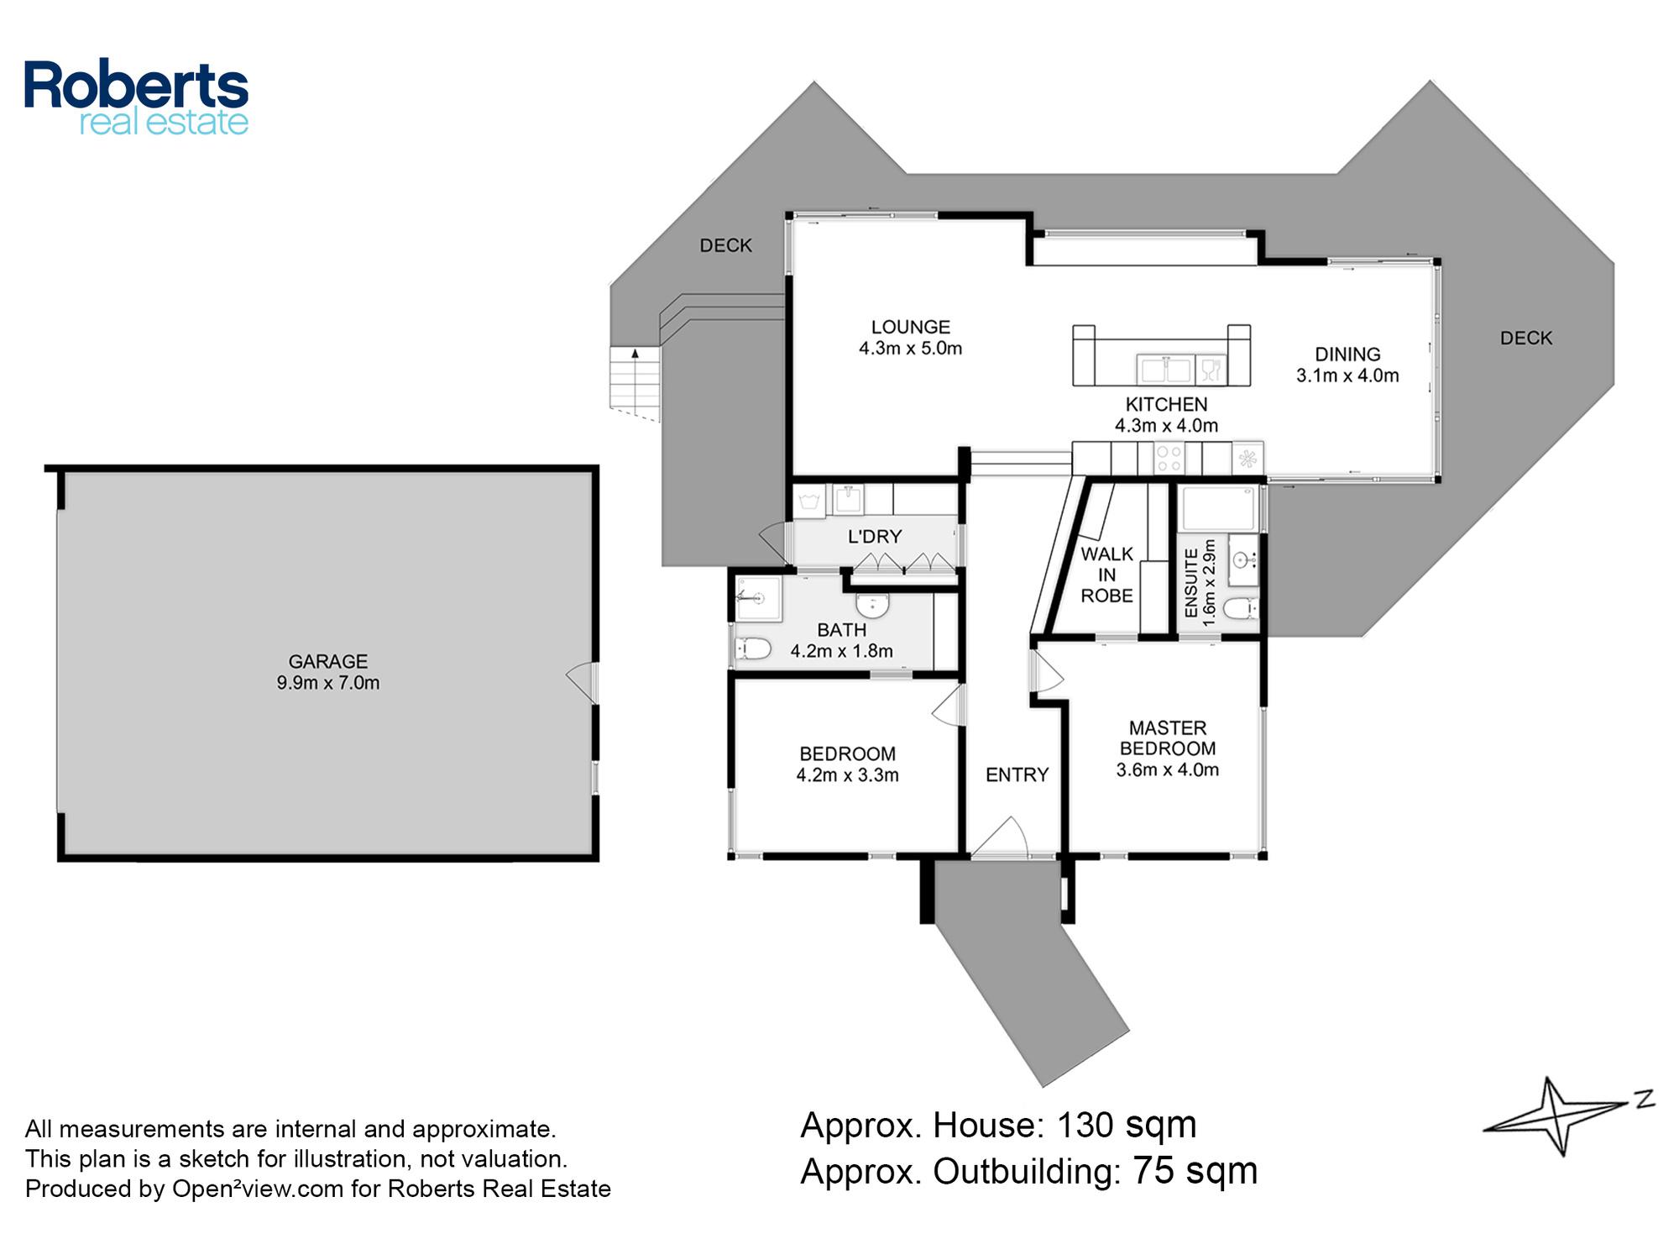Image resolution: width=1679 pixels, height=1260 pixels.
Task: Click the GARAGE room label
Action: coord(328,661)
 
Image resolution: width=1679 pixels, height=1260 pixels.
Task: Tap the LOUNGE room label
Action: coord(910,327)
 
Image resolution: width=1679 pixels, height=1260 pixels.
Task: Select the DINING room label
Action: coord(1347,354)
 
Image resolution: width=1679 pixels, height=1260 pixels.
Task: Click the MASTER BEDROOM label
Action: coord(1168,738)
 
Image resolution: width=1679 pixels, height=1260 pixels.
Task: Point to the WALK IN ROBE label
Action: coord(1106,575)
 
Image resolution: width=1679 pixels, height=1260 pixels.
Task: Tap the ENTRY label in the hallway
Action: coord(1017,774)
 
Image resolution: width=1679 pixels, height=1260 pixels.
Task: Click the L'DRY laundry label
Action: coord(875,536)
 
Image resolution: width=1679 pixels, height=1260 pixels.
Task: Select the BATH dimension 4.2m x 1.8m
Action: coord(842,650)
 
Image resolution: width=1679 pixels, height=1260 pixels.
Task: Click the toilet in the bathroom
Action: coord(753,648)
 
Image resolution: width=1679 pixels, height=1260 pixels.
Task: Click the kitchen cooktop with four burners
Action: coord(1169,459)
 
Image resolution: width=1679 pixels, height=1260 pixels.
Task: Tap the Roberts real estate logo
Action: coord(136,97)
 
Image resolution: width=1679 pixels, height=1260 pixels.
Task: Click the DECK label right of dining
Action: coord(1526,338)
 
